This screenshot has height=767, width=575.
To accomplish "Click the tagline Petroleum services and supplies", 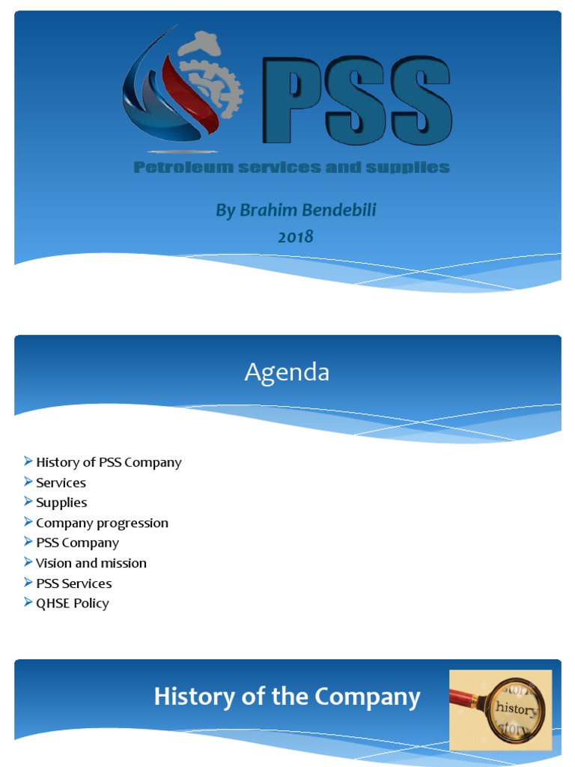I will pyautogui.click(x=291, y=167).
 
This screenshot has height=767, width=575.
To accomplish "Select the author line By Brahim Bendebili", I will pyautogui.click(x=296, y=210).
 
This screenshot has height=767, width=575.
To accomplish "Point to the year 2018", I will pyautogui.click(x=296, y=237).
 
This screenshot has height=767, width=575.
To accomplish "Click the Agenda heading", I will pyautogui.click(x=287, y=372).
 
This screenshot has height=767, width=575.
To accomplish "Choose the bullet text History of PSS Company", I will pyautogui.click(x=109, y=463).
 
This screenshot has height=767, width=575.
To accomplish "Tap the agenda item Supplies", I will pyautogui.click(x=61, y=503).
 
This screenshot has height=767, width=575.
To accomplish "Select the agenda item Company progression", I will pyautogui.click(x=102, y=523).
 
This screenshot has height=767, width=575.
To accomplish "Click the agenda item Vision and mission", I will pyautogui.click(x=91, y=563).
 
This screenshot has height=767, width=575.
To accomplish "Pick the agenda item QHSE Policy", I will pyautogui.click(x=73, y=604).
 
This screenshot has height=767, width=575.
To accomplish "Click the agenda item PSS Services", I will pyautogui.click(x=74, y=583).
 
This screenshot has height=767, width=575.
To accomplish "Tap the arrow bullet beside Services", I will pyautogui.click(x=28, y=482).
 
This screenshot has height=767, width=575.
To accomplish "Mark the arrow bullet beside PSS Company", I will pyautogui.click(x=28, y=542).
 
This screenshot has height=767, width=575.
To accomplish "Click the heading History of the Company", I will pyautogui.click(x=287, y=697).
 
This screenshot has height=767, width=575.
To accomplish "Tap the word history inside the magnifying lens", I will pyautogui.click(x=516, y=709).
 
